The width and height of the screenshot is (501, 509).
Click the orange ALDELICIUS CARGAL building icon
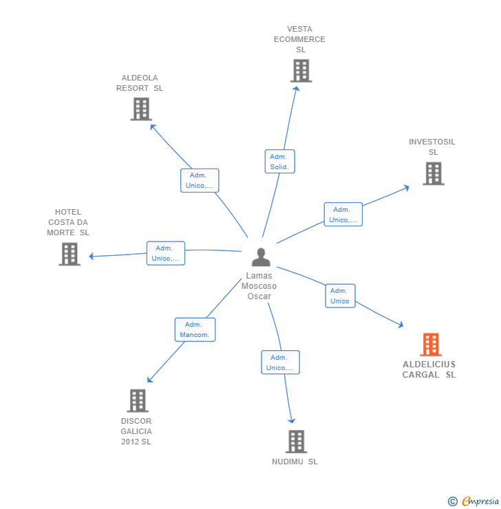pyautogui.click(x=431, y=345)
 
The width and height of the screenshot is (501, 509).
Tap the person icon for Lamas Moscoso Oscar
pyautogui.click(x=261, y=257)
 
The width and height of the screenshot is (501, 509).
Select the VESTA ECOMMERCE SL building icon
pyautogui.click(x=301, y=70)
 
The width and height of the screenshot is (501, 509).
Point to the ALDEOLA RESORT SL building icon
pyautogui.click(x=141, y=109)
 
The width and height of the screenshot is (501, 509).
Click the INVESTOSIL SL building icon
pyautogui.click(x=434, y=173)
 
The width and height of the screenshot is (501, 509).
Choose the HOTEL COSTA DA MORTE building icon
pyautogui.click(x=70, y=254)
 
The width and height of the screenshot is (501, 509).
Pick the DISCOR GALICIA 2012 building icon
pyautogui.click(x=138, y=400)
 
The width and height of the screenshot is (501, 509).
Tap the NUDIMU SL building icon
pyautogui.click(x=296, y=442)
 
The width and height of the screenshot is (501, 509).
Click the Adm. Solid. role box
pyautogui.click(x=279, y=162)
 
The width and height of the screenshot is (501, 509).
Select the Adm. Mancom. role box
pyautogui.click(x=195, y=329)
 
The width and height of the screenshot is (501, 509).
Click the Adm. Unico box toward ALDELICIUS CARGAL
pyautogui.click(x=340, y=296)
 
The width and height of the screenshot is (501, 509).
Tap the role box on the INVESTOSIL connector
pyautogui.click(x=343, y=214)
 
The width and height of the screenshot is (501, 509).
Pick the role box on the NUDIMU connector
pyautogui.click(x=280, y=362)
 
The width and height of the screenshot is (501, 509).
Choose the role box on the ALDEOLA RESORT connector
pyautogui.click(x=200, y=180)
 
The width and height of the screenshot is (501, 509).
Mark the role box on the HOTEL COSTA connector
pyautogui.click(x=166, y=253)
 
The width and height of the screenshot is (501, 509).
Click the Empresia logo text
pyautogui.click(x=480, y=501)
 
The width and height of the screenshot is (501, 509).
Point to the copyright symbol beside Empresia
pyautogui.click(x=453, y=501)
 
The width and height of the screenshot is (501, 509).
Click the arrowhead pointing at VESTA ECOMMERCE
pyautogui.click(x=296, y=88)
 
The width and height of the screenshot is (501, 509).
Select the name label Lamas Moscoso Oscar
pyautogui.click(x=259, y=286)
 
